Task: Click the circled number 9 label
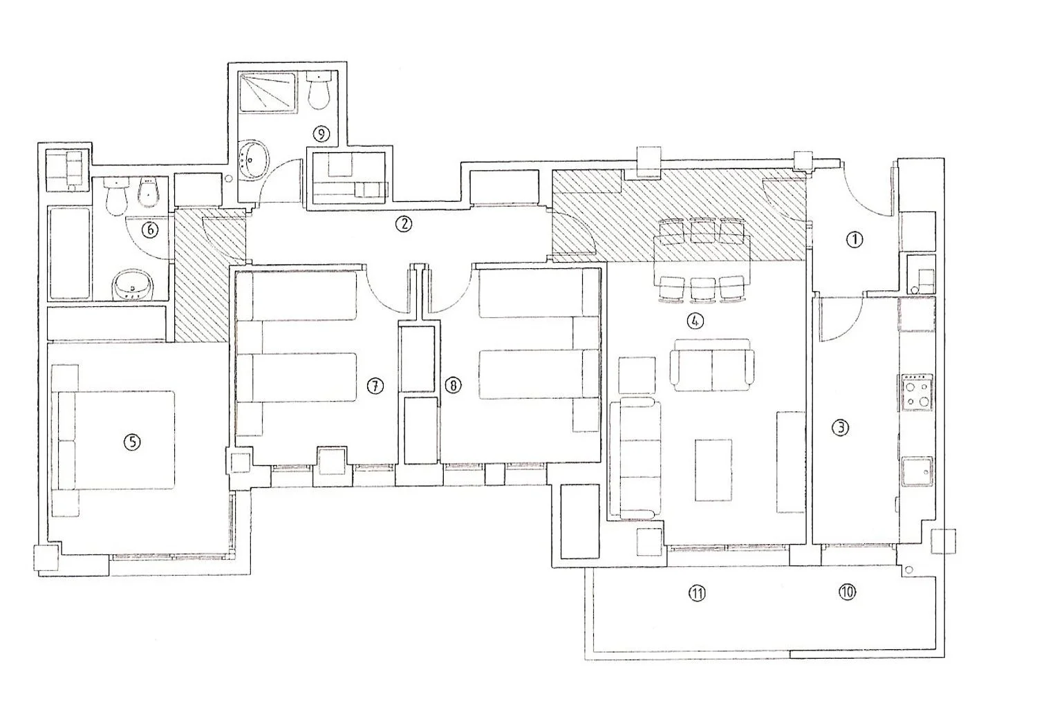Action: point(321,134)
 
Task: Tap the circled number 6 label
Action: point(149,230)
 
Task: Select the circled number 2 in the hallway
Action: point(404,225)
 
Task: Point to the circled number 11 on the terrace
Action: point(697,593)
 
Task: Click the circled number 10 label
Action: point(847,592)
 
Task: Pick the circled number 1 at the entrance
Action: point(854,240)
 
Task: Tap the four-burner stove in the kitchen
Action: point(916,393)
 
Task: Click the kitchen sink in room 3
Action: point(917,471)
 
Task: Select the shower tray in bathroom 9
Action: point(268,92)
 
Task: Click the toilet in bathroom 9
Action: point(319,90)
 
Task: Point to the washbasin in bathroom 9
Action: point(253,160)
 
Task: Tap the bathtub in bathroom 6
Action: point(69,253)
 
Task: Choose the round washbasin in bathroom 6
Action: point(133,285)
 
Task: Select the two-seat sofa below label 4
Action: point(712,365)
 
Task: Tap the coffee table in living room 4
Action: point(713,470)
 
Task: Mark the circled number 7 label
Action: point(375,386)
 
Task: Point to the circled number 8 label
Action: point(453,385)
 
